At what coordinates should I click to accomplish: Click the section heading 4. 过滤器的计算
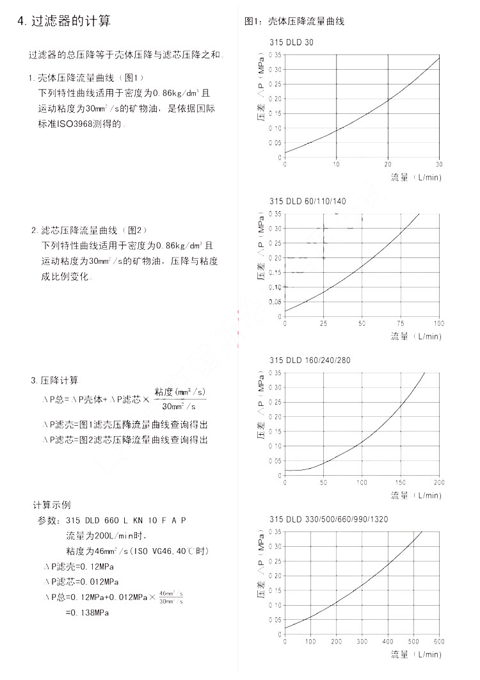point(64,21)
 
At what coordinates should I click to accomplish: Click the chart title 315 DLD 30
point(292,42)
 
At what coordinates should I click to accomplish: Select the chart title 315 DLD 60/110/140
point(307,201)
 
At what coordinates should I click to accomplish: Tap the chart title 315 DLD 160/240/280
point(310,360)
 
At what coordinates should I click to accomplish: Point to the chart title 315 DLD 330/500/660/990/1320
point(329,519)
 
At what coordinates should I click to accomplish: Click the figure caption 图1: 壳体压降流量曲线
point(294,21)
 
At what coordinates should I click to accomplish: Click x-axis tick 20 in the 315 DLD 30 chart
point(388,164)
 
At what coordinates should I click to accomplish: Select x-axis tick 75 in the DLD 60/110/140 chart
point(401,323)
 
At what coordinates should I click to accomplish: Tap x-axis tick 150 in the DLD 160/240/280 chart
point(401,482)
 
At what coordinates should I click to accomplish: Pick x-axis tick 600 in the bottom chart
point(439,641)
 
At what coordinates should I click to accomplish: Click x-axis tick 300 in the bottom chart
point(362,641)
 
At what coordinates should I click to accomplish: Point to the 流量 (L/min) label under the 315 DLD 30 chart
point(416,177)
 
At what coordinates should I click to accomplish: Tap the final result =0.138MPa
point(87,613)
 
